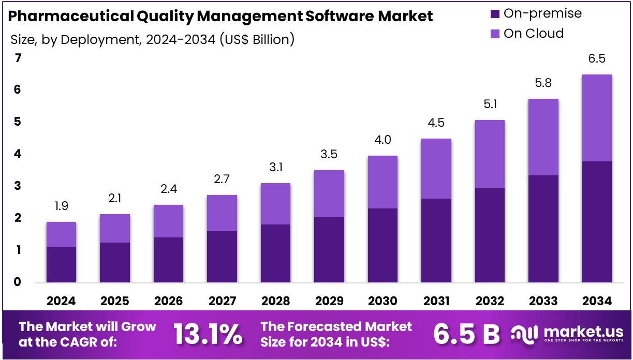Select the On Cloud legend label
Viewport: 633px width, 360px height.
[534, 34]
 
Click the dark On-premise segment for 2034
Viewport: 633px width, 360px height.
[597, 222]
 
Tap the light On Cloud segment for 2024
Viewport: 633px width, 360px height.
[61, 234]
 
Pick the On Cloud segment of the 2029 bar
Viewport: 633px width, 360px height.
[329, 193]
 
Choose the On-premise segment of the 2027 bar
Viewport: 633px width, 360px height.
[222, 257]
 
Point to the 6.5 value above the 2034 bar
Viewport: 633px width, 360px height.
[597, 59]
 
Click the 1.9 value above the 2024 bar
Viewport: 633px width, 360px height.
[61, 206]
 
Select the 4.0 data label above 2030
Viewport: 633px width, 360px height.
[382, 140]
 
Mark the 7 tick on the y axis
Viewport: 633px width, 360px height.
[18, 58]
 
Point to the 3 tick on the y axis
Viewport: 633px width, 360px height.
[18, 186]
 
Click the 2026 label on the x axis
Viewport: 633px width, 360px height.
[168, 301]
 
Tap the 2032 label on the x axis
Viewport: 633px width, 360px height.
[490, 301]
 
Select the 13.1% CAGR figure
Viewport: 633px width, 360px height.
[207, 335]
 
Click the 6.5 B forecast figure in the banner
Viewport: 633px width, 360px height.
[466, 335]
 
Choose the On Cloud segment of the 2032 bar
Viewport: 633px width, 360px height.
[490, 154]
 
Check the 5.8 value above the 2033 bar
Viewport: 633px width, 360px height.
[543, 83]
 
